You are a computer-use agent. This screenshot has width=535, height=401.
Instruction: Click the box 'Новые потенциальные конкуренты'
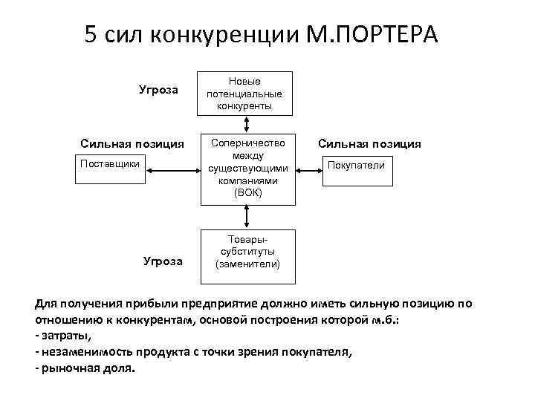(x=244, y=93)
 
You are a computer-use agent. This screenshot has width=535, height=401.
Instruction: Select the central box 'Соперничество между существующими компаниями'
(x=244, y=169)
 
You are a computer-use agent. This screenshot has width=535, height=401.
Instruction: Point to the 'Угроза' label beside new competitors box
(x=158, y=90)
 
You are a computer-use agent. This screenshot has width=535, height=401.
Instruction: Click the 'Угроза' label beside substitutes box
(x=162, y=261)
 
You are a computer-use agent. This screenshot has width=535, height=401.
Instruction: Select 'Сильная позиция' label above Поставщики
(x=132, y=143)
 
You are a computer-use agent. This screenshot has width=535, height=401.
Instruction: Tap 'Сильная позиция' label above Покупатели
(x=369, y=144)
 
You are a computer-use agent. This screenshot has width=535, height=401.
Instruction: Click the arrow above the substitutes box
(x=244, y=215)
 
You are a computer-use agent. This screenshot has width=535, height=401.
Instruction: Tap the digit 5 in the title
(x=91, y=35)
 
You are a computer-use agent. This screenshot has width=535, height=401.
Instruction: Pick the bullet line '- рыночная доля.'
(x=85, y=369)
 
